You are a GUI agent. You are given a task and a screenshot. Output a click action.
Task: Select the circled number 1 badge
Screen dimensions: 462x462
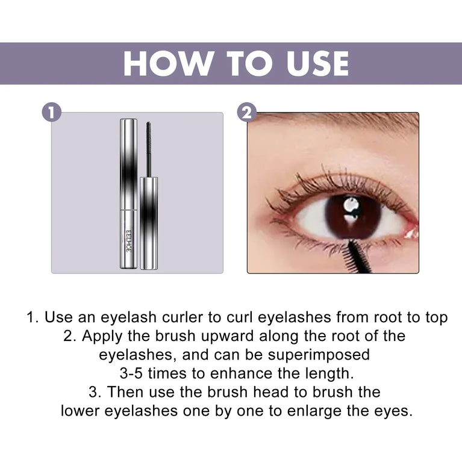(52, 113)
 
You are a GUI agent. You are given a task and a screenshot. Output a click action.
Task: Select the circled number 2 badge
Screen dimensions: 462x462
(247, 113)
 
